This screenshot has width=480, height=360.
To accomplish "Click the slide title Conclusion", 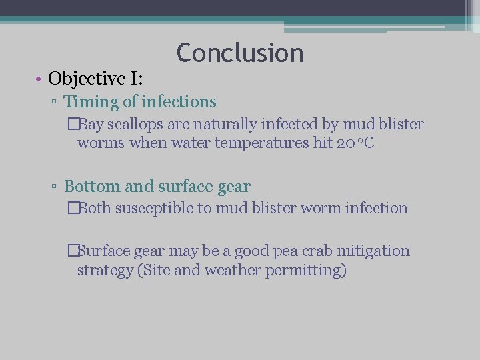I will point(240,53).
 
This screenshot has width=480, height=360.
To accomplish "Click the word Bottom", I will point(91,187).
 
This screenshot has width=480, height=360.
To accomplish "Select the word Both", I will point(95,208).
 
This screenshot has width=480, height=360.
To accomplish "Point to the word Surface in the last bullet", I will point(103,251).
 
